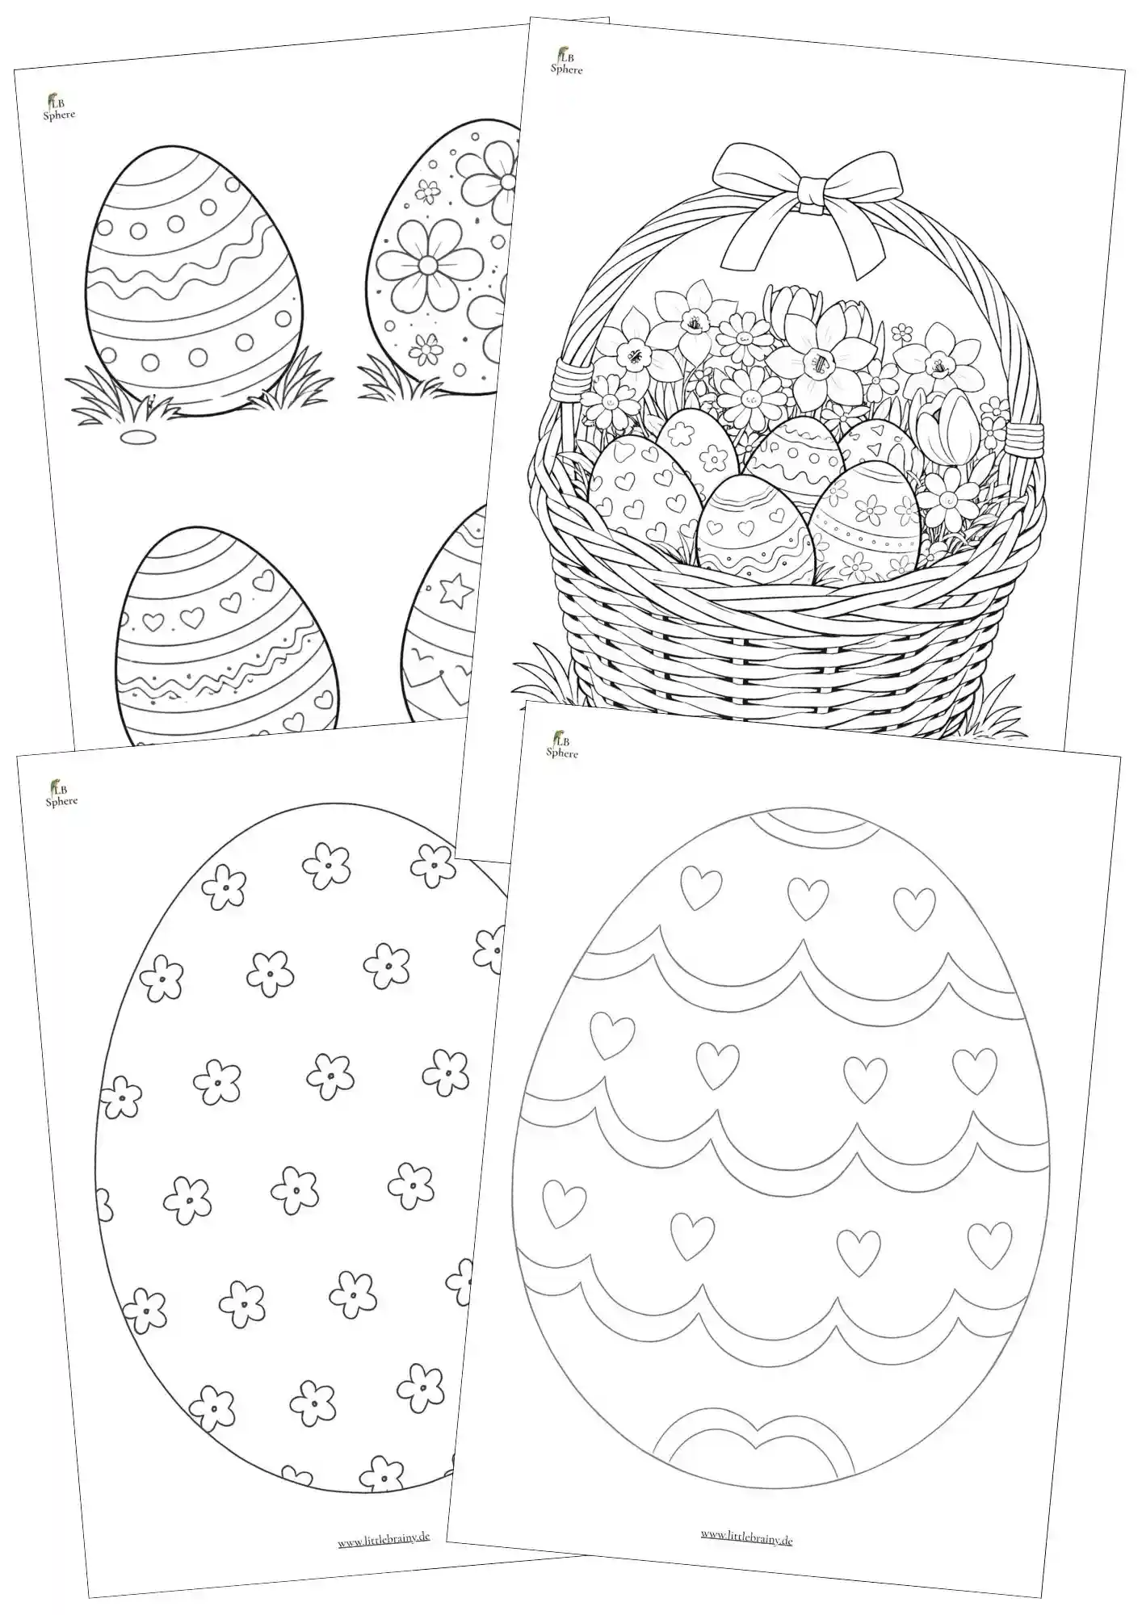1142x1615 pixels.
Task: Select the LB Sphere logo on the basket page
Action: click(565, 61)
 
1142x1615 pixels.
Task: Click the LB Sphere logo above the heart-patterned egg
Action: click(561, 745)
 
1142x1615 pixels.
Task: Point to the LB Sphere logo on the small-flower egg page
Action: click(61, 793)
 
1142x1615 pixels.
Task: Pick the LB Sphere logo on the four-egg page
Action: click(58, 107)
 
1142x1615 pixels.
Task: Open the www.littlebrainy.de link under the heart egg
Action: click(746, 1539)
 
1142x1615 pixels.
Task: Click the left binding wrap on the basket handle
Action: click(565, 383)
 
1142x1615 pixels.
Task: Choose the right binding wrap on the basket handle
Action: click(1021, 436)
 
